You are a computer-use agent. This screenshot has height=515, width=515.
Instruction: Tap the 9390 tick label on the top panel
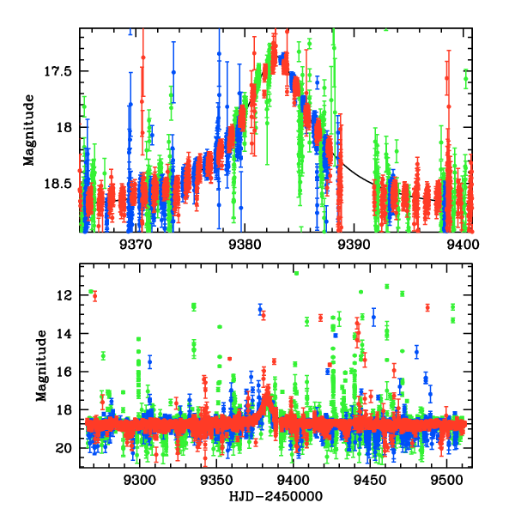(354, 244)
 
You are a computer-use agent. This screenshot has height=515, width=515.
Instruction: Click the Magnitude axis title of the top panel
(29, 129)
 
